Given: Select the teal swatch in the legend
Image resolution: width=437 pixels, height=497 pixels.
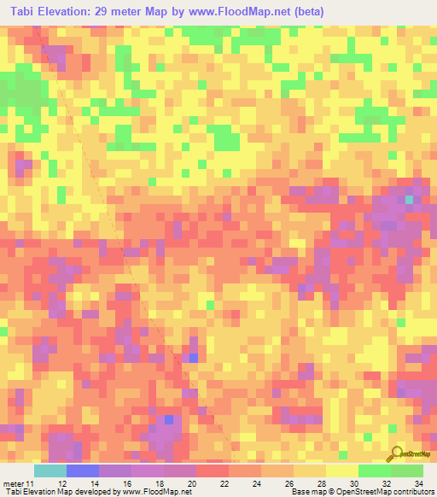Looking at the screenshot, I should click(x=50, y=471).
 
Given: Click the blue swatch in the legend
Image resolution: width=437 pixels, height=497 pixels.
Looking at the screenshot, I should click(x=82, y=471).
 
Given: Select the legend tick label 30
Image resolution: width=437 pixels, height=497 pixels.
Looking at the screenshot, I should click(x=353, y=483).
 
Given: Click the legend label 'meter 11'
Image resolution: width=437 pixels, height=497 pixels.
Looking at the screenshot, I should click(x=19, y=483).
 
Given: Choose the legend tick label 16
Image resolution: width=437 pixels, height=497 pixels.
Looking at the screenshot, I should click(x=126, y=483).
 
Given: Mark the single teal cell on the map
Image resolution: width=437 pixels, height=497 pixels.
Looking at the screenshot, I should click(x=409, y=200).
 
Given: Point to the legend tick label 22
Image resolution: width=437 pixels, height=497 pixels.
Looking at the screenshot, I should click(x=224, y=483).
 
